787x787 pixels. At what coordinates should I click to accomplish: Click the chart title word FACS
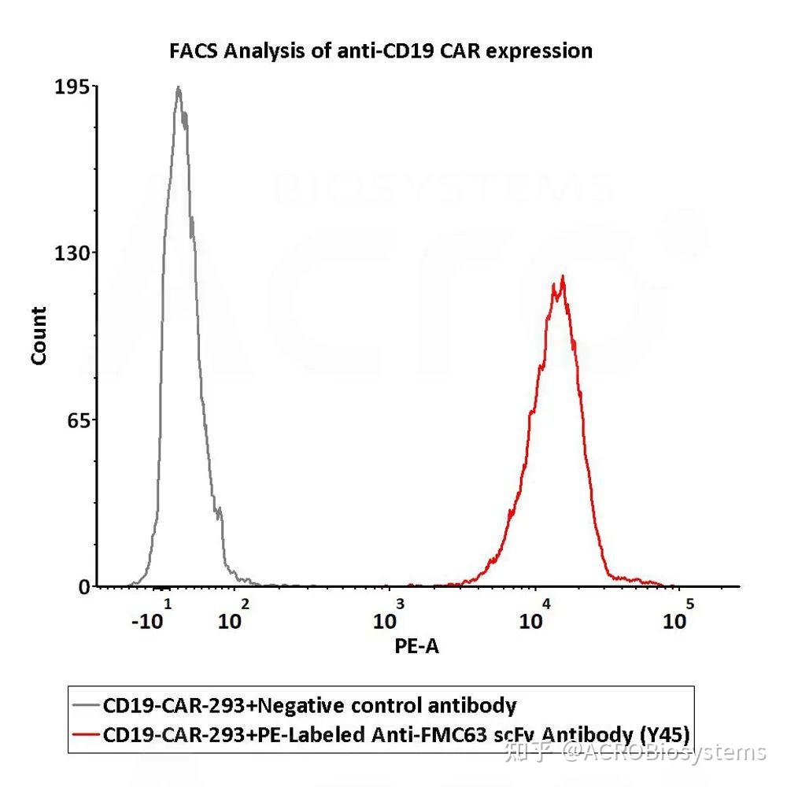point(194,52)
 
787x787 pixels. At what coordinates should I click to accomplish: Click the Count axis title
point(39,336)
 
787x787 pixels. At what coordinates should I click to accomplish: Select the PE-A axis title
point(416,646)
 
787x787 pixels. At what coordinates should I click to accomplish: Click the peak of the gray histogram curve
point(179,87)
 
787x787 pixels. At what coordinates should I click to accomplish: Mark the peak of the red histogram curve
point(563,276)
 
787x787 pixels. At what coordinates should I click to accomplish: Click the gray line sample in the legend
point(85,705)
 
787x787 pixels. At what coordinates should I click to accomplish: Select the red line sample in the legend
point(85,735)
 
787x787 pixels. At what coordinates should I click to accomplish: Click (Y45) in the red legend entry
point(665,735)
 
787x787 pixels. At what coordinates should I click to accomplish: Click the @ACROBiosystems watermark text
point(663,753)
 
